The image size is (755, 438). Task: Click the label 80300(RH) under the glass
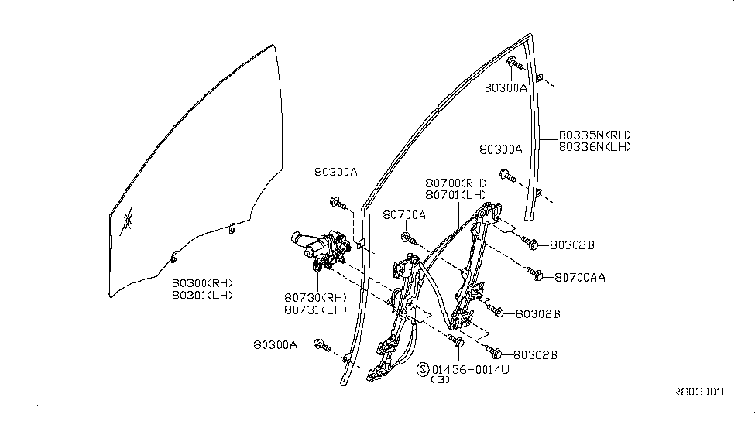click(201, 282)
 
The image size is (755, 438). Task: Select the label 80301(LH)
click(201, 295)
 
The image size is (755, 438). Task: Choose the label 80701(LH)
click(456, 194)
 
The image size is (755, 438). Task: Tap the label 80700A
click(404, 214)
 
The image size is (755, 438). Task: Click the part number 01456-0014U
click(471, 370)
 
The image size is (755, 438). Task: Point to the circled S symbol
click(423, 370)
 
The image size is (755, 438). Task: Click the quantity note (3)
click(439, 381)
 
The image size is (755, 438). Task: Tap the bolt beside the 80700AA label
click(534, 272)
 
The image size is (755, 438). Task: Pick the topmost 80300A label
click(506, 88)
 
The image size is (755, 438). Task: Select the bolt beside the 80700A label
click(407, 236)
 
